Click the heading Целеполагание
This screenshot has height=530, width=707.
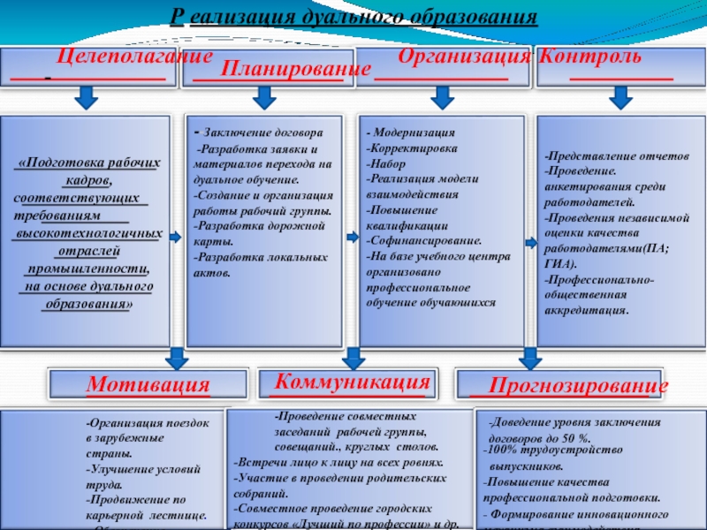pyautogui.click(x=135, y=57)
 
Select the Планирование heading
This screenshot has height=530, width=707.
pyautogui.click(x=294, y=69)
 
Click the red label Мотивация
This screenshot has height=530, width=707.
pyautogui.click(x=148, y=385)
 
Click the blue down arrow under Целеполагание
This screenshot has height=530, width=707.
pyautogui.click(x=85, y=97)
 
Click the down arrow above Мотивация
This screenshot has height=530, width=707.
pyautogui.click(x=176, y=357)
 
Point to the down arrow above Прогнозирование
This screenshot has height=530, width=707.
pyautogui.click(x=529, y=357)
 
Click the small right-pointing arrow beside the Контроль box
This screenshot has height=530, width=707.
pyautogui.click(x=531, y=243)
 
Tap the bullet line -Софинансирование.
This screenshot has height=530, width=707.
pyautogui.click(x=424, y=239)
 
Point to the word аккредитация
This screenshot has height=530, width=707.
pyautogui.click(x=588, y=311)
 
